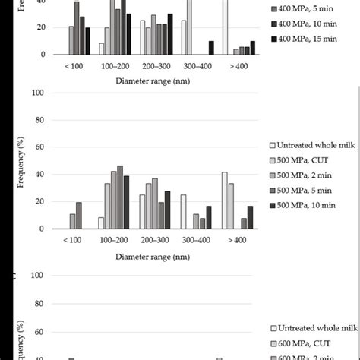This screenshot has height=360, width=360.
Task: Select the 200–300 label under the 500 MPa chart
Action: tap(154, 238)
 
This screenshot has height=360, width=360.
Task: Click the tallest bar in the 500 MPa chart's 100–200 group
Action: tap(120, 197)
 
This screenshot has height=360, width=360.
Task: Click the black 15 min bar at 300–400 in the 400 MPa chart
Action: tap(211, 48)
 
